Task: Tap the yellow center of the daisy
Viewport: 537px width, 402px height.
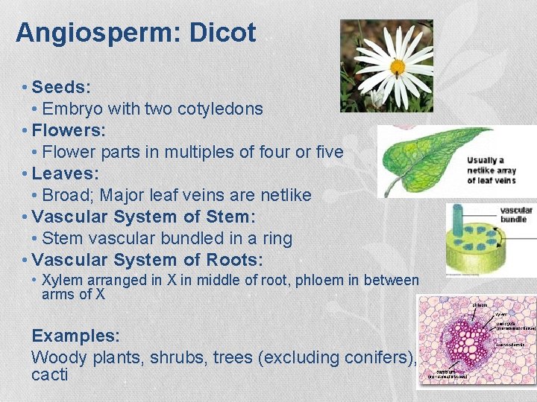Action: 397,66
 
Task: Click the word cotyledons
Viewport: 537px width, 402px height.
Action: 220,109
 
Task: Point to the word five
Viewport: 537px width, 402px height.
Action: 329,152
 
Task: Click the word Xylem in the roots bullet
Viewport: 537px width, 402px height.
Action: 62,281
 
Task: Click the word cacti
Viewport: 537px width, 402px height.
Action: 49,374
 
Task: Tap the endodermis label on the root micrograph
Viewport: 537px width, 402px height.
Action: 513,345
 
